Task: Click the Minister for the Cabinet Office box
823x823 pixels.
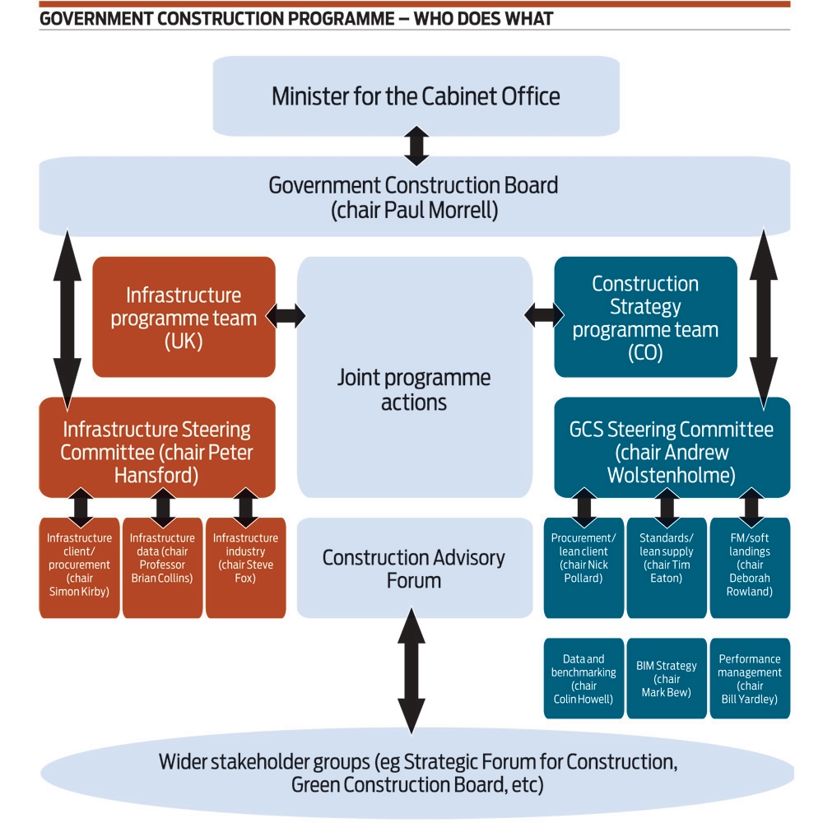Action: point(416,95)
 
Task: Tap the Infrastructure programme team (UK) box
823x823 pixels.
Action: point(184,317)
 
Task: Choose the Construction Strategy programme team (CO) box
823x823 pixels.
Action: point(645,317)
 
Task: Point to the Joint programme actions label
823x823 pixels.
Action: point(414,390)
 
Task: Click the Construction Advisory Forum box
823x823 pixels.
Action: point(414,568)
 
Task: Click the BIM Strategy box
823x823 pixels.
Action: point(667,678)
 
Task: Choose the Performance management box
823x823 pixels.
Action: point(750,678)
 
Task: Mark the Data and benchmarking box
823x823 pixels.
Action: point(584,678)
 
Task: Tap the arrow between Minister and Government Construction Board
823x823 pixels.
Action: point(416,146)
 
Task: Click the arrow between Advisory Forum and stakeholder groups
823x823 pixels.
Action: point(411,670)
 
